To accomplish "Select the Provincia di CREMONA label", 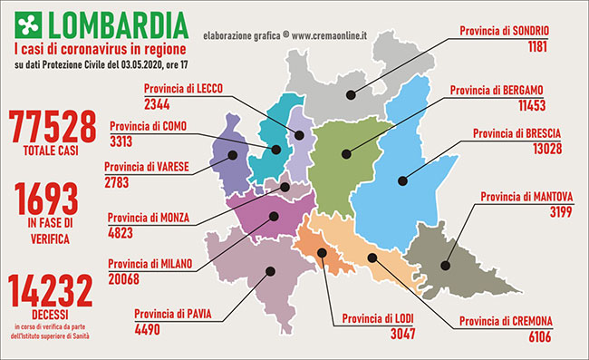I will [x=504, y=321].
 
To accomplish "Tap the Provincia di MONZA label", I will [x=149, y=218].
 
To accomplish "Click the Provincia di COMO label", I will [x=147, y=126].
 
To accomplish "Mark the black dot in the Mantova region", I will [x=446, y=266].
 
